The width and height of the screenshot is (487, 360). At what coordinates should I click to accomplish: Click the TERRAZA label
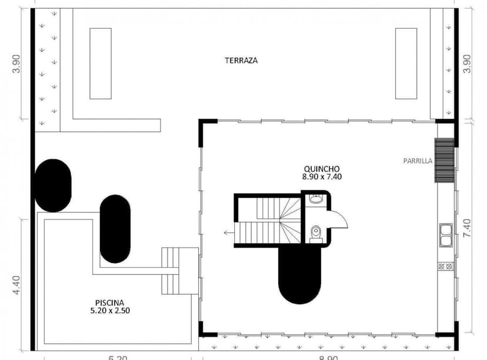pyautogui.click(x=241, y=60)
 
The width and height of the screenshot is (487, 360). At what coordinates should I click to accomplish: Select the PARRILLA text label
pyautogui.click(x=418, y=160)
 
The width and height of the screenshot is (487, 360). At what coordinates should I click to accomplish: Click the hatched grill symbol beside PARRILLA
pyautogui.click(x=444, y=160)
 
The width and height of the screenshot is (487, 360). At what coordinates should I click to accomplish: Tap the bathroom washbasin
pyautogui.click(x=316, y=199)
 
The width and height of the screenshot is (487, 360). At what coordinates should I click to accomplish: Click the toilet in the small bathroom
pyautogui.click(x=315, y=234)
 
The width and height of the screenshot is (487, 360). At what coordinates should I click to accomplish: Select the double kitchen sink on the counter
pyautogui.click(x=445, y=235)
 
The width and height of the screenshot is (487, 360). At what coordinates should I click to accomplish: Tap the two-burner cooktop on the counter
pyautogui.click(x=445, y=266)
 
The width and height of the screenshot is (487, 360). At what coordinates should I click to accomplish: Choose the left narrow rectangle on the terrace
pyautogui.click(x=100, y=64)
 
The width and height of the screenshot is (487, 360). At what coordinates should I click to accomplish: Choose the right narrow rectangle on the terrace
pyautogui.click(x=406, y=64)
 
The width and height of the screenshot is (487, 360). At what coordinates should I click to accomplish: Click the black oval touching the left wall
pyautogui.click(x=53, y=185)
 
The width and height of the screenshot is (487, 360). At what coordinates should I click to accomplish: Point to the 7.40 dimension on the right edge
pyautogui.click(x=467, y=227)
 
